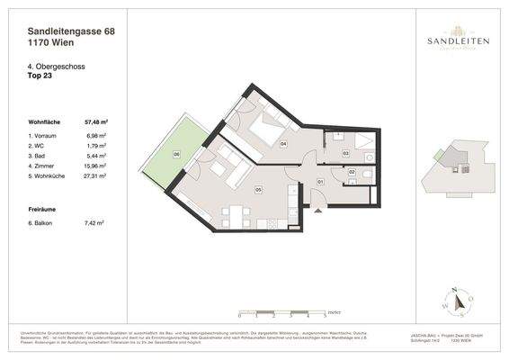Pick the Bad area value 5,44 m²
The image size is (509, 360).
point(96,156)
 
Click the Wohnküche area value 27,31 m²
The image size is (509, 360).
point(95,176)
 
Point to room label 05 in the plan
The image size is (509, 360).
point(257,190)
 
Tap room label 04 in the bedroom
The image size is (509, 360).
point(282,143)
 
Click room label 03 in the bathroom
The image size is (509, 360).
point(345,154)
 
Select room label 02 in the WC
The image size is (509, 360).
point(352,171)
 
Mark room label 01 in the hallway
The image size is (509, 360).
point(321,182)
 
